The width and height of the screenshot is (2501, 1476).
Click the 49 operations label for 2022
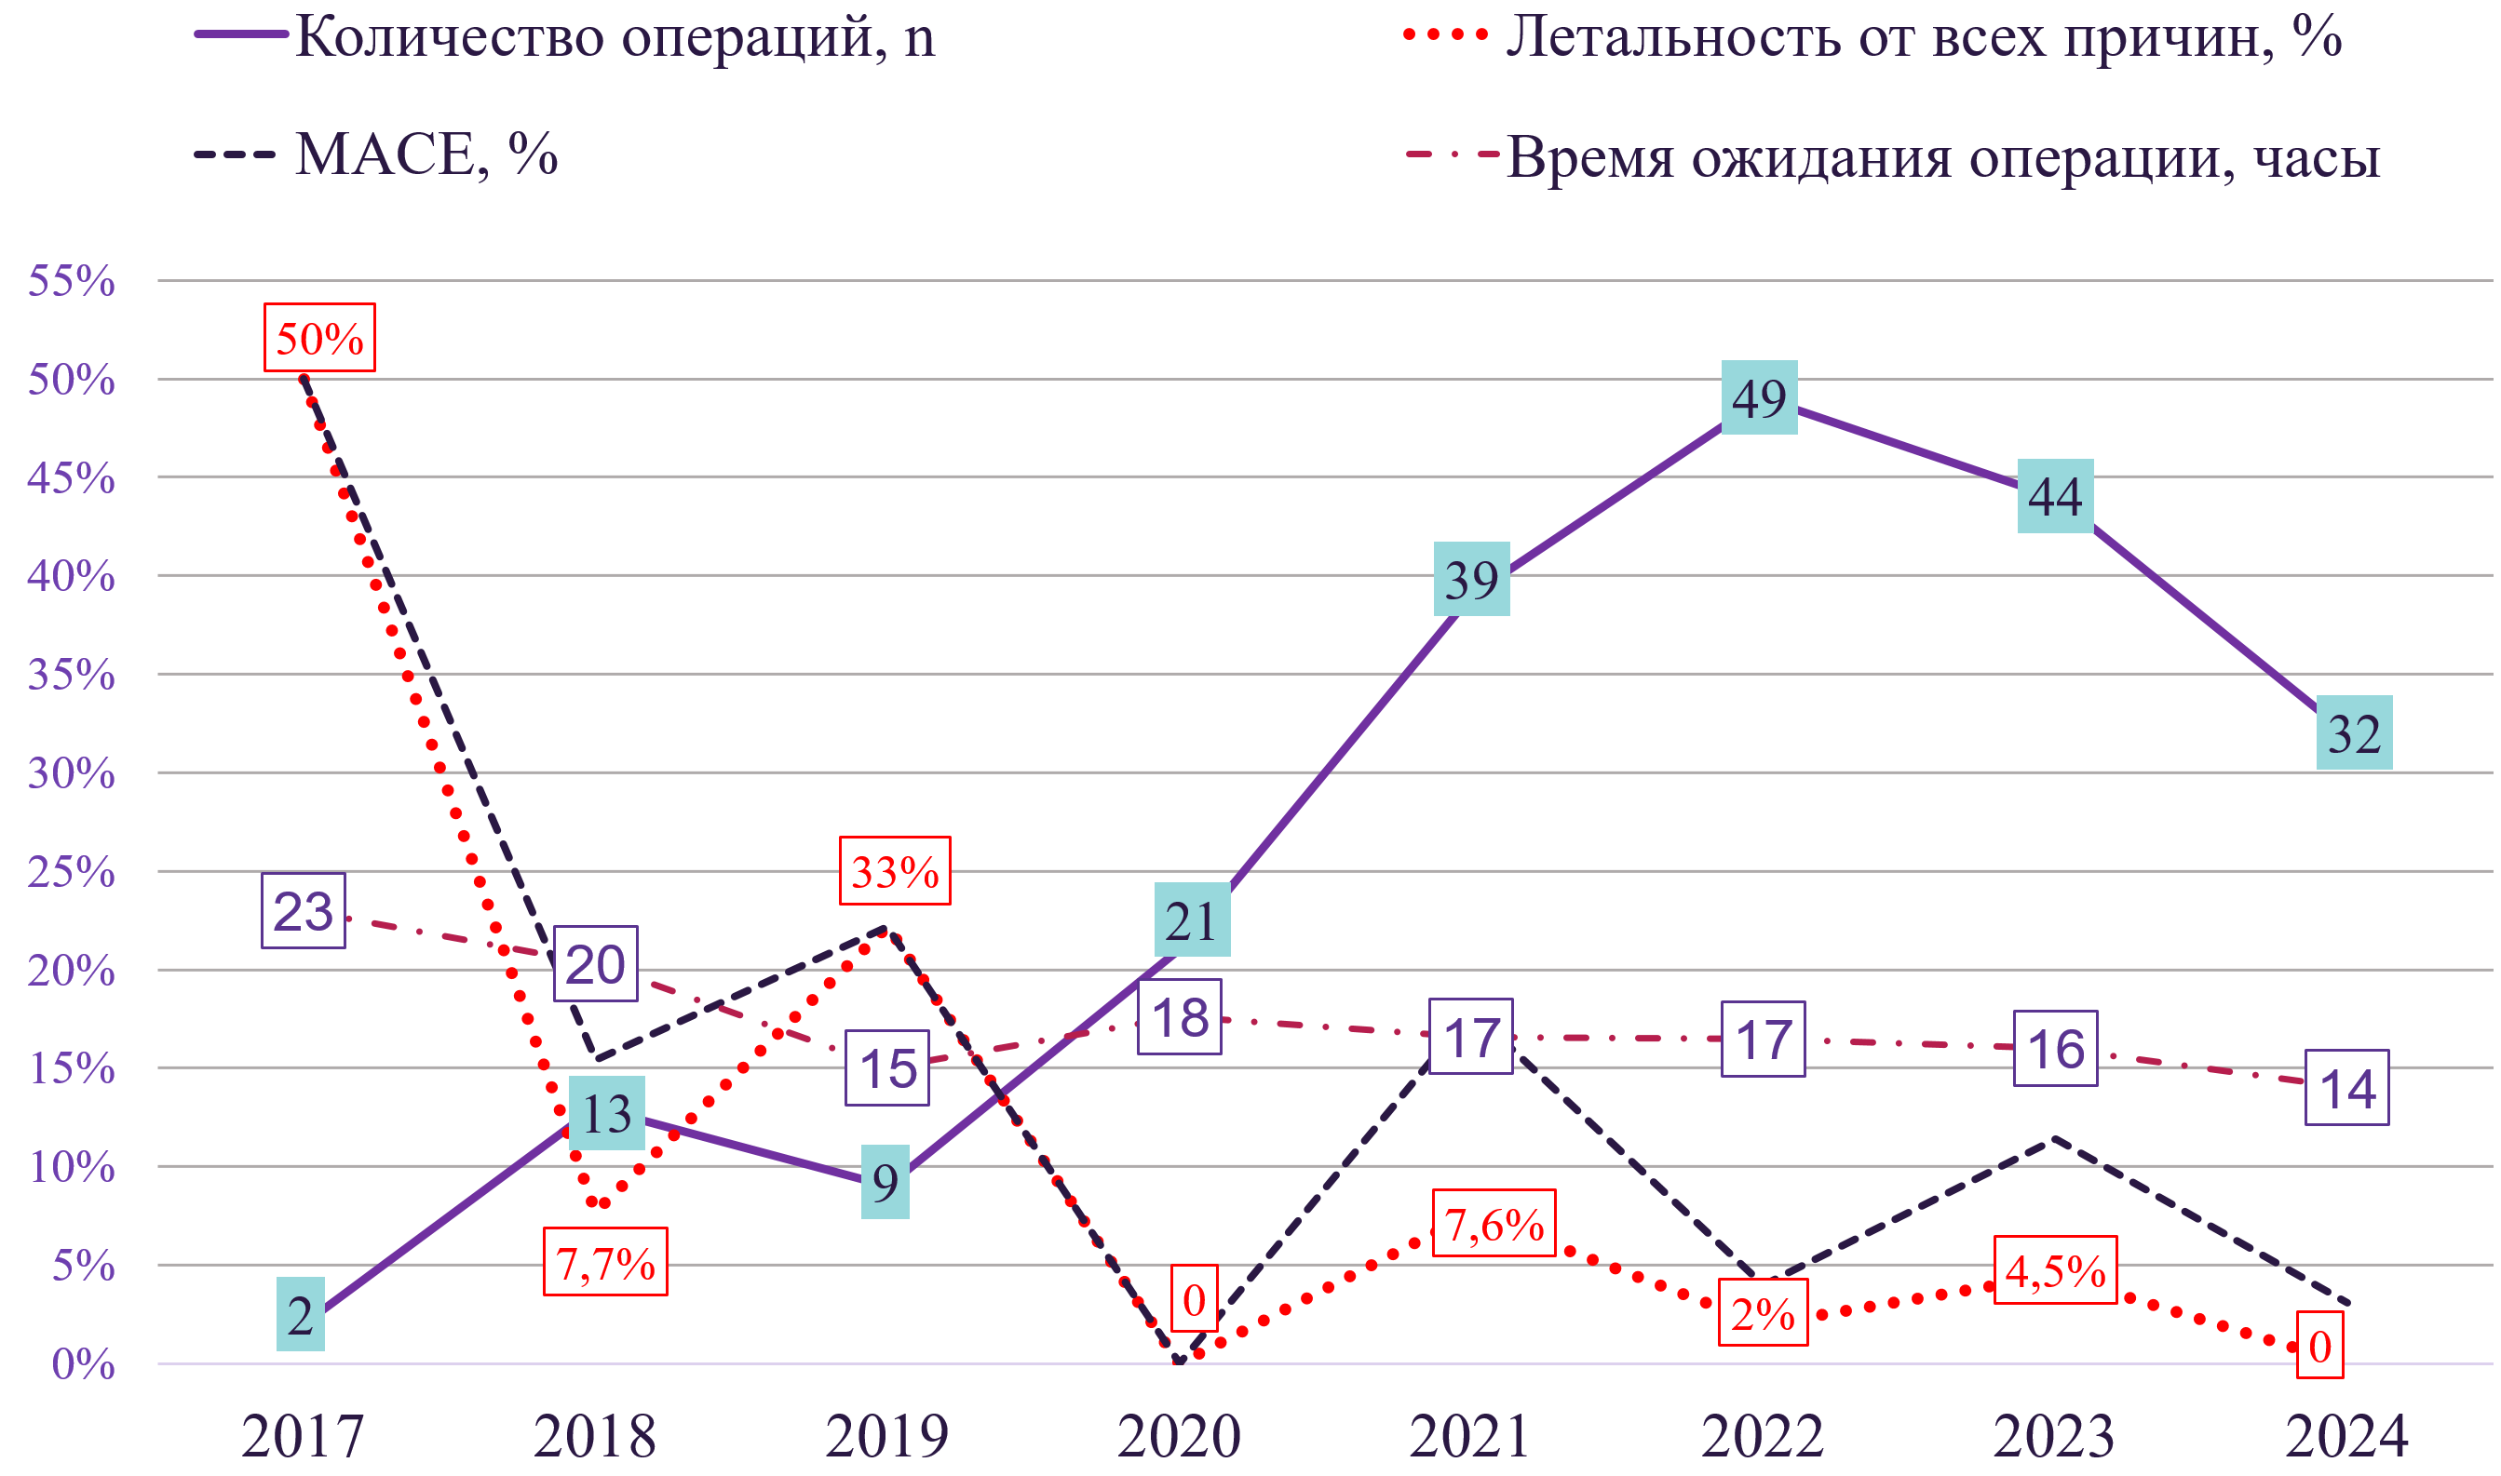[1759, 397]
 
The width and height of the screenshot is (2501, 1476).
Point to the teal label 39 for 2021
[1471, 579]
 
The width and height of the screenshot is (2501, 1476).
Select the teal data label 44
[2055, 496]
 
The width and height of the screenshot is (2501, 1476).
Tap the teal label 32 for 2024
[2354, 733]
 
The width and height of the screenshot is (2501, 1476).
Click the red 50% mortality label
[319, 338]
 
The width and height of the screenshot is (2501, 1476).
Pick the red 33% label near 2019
[895, 871]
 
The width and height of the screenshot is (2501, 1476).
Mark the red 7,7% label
[605, 1262]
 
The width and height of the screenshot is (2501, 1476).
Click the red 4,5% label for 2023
[2055, 1270]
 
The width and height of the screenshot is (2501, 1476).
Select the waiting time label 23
[304, 911]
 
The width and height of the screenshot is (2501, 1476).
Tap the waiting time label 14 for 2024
[2346, 1088]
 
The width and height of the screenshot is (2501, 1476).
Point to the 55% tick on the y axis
[72, 281]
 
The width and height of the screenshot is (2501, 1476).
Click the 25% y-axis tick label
[72, 872]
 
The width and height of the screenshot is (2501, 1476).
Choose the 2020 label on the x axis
[1179, 1436]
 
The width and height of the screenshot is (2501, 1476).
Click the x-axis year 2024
[2346, 1436]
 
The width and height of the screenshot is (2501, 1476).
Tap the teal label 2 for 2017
[301, 1315]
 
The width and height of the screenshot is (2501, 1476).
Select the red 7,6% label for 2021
[1494, 1224]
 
